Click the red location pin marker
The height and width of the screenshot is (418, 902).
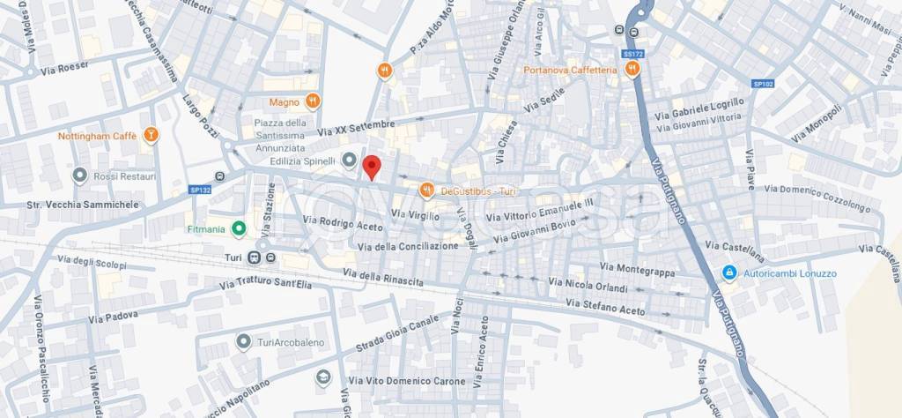coord(373,167)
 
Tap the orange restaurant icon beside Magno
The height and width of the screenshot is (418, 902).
coord(313,101)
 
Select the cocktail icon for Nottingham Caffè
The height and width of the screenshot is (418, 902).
coord(152,135)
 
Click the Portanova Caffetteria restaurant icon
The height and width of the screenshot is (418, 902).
coord(632,71)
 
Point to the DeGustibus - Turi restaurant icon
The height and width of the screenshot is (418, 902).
coord(426,190)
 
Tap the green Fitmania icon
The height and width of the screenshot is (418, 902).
coord(238,229)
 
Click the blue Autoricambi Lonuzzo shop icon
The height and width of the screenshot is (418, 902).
coord(728,273)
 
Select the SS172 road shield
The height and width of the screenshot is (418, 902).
coord(630,54)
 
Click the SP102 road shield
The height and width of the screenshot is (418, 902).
coord(762,84)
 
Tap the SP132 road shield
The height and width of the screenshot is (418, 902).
coord(200,189)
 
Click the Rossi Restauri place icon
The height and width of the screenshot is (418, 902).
coord(80,176)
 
